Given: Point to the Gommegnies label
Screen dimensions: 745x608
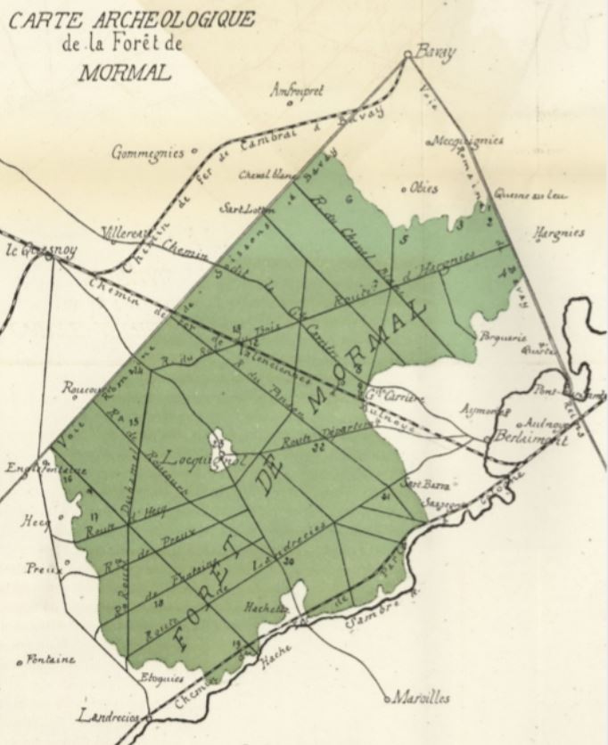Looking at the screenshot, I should pyautogui.click(x=147, y=152).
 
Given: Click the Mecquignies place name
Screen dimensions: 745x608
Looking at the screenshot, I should pyautogui.click(x=468, y=141).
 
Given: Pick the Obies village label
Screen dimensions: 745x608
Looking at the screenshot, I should pyautogui.click(x=423, y=188).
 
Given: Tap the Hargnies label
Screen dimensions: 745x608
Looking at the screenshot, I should pyautogui.click(x=558, y=233).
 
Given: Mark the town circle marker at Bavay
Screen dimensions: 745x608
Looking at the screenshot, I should pyautogui.click(x=407, y=55).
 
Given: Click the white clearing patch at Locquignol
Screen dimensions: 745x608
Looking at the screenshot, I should pyautogui.click(x=217, y=439).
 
